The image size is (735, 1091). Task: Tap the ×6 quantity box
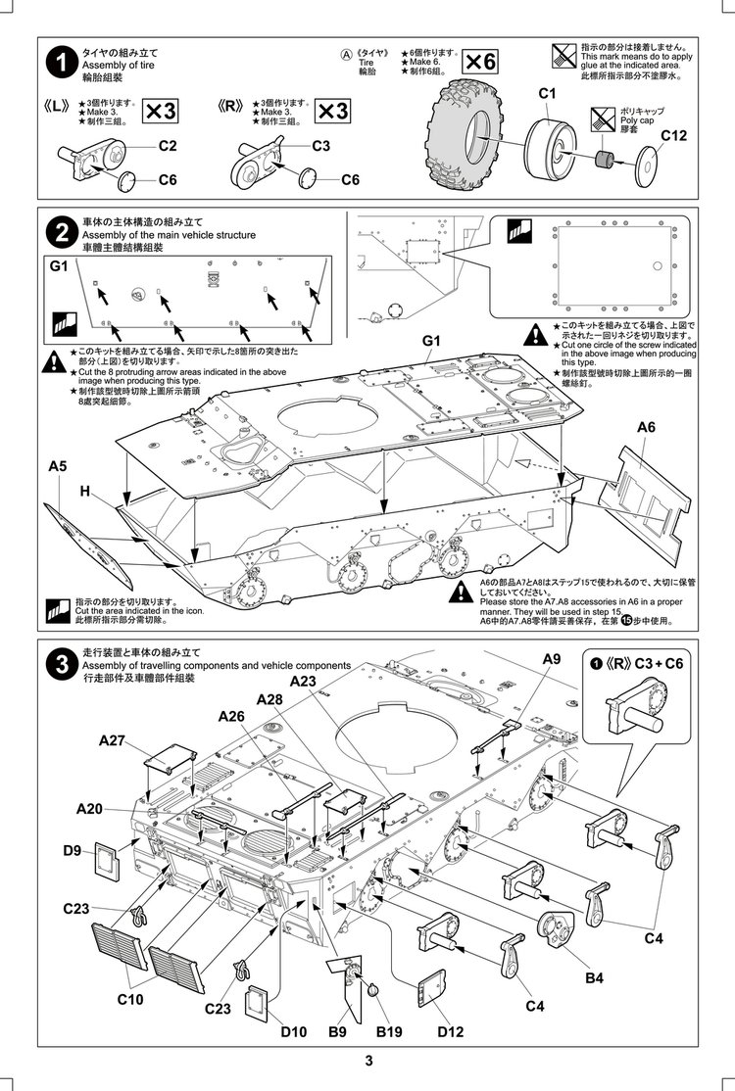click(479, 61)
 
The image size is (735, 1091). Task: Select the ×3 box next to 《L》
click(161, 111)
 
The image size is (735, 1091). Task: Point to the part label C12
click(673, 135)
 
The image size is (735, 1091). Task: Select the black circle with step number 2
click(62, 232)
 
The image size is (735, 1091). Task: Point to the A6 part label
click(646, 427)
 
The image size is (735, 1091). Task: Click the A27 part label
click(113, 740)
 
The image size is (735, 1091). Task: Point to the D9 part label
click(72, 850)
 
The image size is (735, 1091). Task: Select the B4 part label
click(595, 976)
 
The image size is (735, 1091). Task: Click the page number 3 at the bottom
click(367, 1062)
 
